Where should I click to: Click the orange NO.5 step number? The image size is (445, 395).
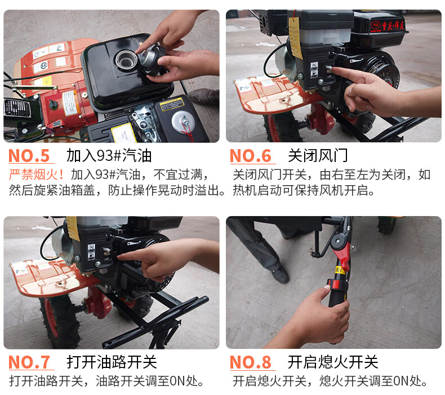click(29, 156)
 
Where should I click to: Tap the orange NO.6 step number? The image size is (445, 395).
click(251, 156)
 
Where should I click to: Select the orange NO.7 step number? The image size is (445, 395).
click(29, 362)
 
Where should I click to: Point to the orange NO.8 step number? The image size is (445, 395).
click(251, 362)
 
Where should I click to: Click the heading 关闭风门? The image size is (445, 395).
click(318, 156)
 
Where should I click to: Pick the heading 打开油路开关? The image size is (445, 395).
click(112, 362)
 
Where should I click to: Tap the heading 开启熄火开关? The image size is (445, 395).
click(333, 362)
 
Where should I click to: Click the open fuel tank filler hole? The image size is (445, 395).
click(126, 60)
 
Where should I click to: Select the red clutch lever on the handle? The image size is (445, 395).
click(342, 255)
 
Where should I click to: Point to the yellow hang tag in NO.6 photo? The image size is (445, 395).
click(295, 38)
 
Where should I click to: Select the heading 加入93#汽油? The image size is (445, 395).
click(109, 156)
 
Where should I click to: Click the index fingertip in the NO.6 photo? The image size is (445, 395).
click(333, 69)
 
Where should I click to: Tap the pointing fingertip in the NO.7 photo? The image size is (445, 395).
click(120, 257)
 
